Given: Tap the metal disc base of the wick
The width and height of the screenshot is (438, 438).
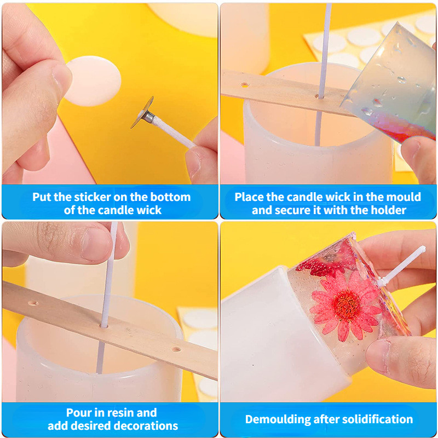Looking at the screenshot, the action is (142, 112).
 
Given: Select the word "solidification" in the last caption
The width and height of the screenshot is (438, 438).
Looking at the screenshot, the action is (377, 419).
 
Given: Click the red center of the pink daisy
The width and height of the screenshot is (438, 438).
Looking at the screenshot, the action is (347, 306).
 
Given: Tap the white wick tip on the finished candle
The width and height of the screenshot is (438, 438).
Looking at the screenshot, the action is (423, 248).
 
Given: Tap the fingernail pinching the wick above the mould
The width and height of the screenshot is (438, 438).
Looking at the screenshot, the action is (96, 244).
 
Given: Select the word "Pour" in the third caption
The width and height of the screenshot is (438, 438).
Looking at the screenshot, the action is (76, 413).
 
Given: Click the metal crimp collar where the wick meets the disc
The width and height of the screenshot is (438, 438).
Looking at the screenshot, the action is (149, 117).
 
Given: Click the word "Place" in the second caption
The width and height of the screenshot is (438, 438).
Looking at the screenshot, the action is (249, 197).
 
